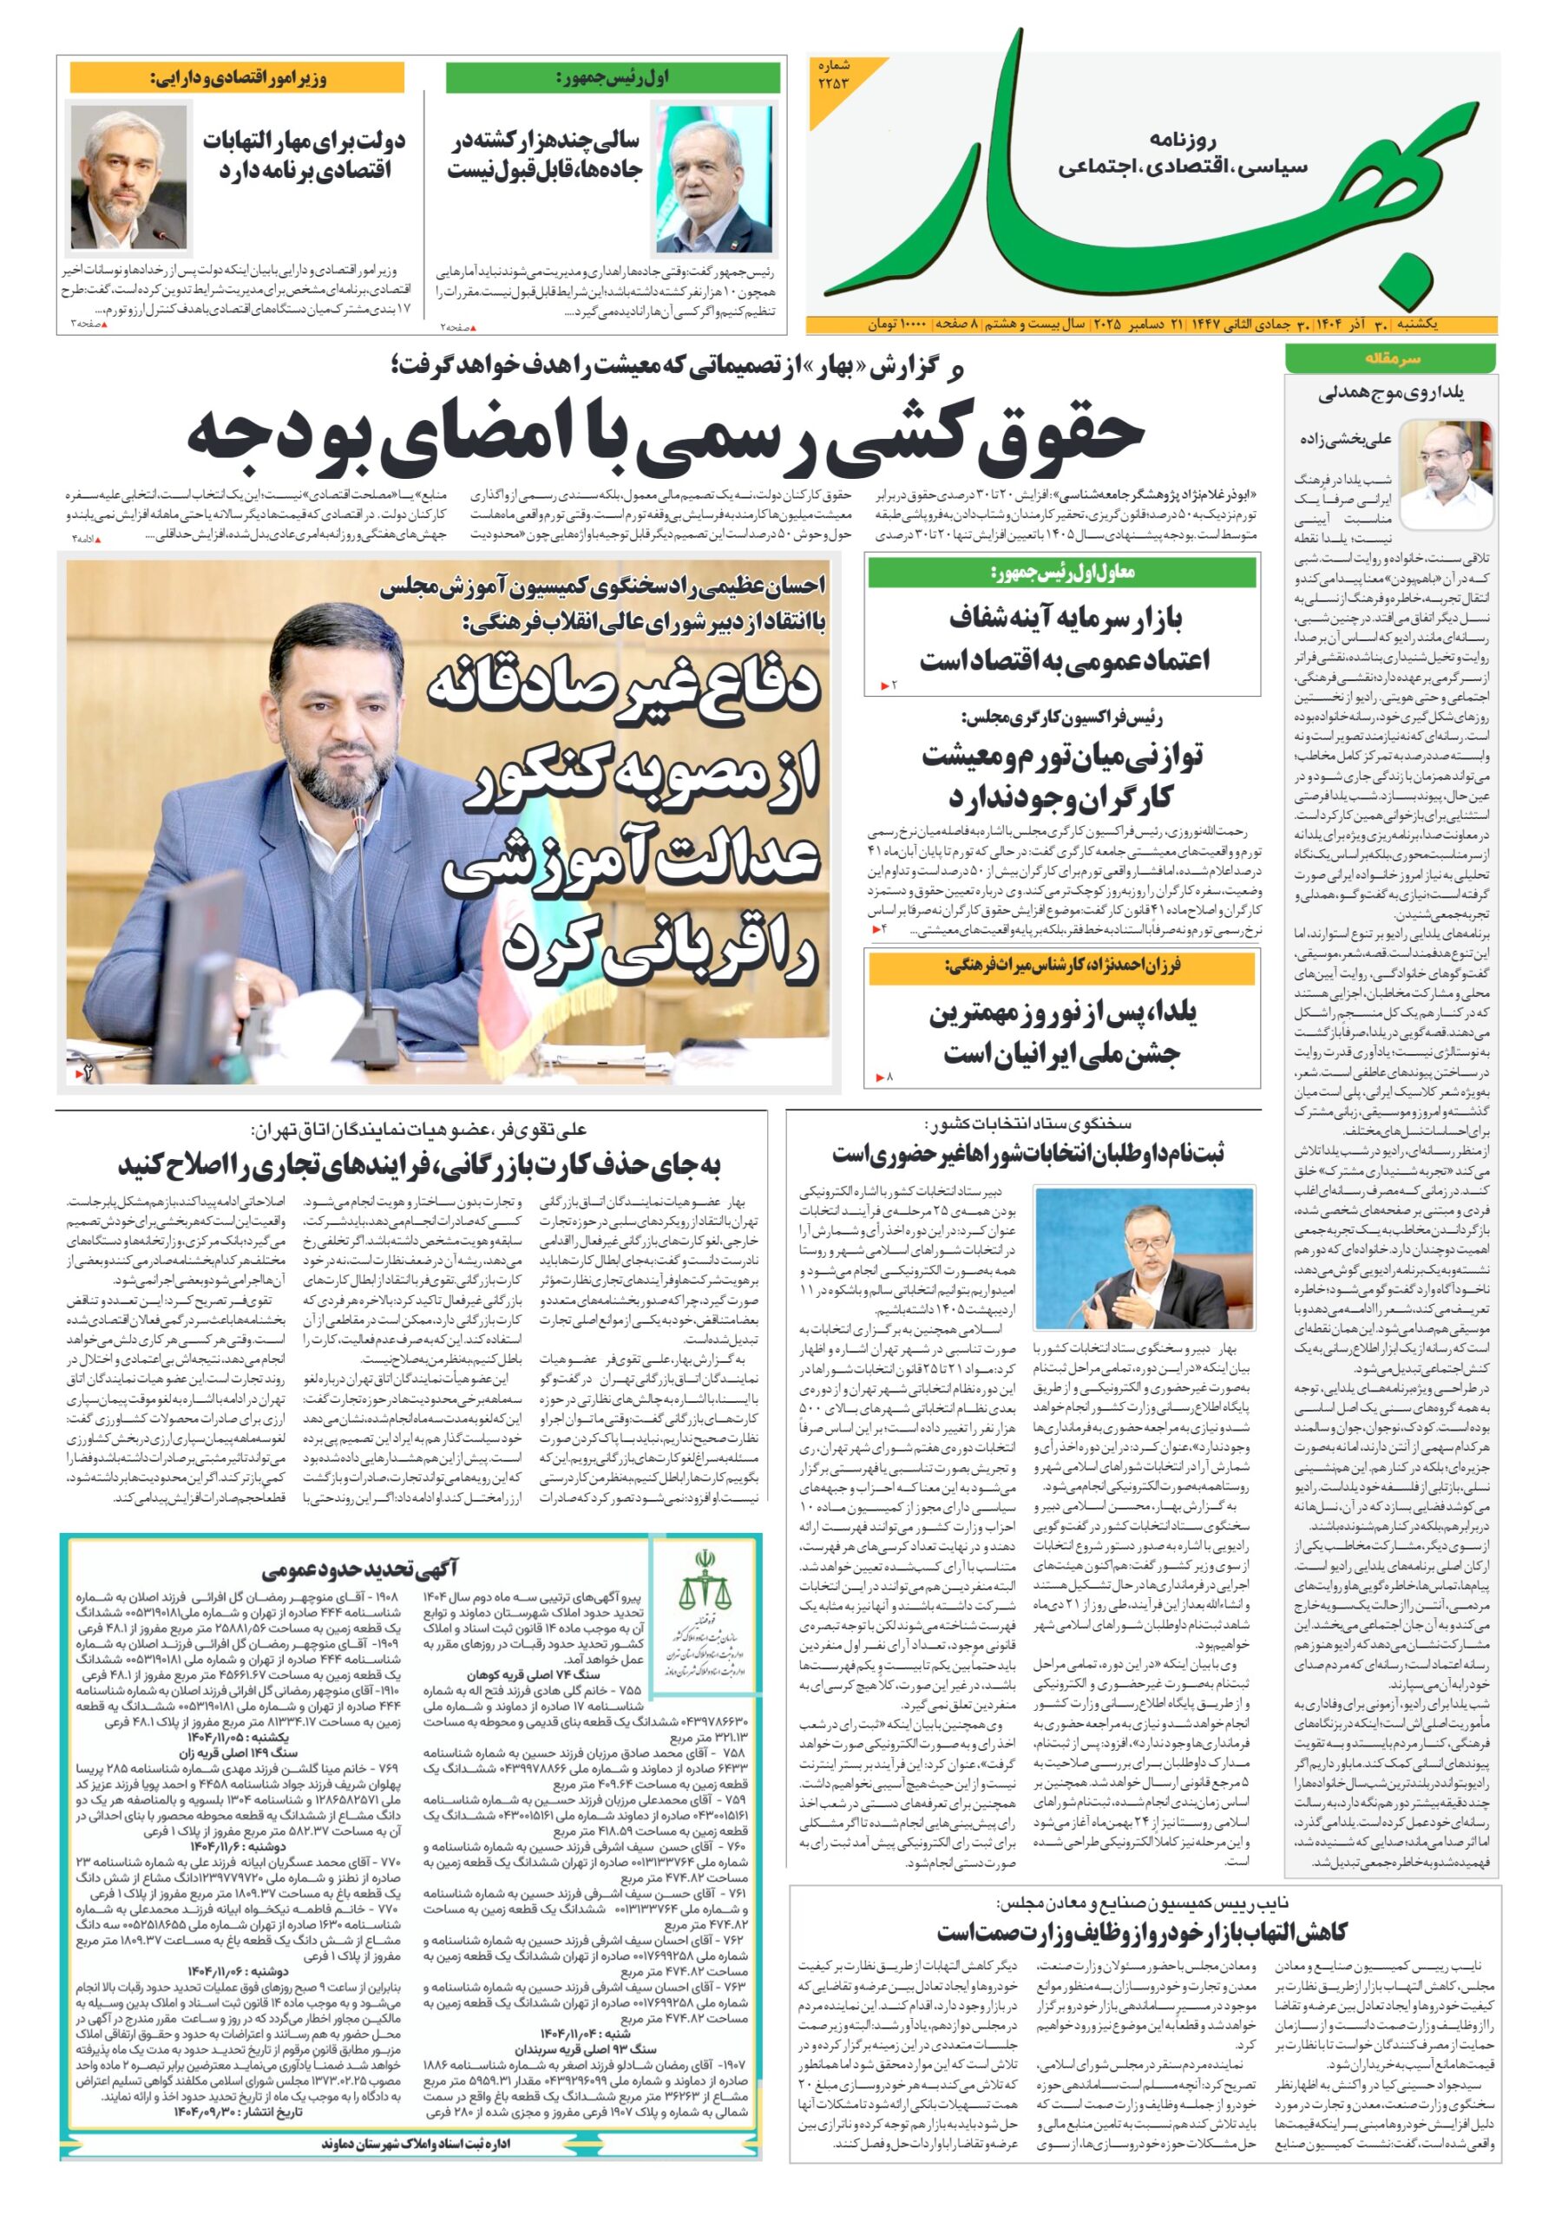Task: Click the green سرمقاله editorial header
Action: click(1388, 357)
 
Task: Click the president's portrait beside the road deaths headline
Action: click(715, 179)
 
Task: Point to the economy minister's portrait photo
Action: click(128, 178)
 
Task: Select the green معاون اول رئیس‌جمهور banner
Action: click(1061, 573)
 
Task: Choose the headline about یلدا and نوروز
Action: click(1061, 1033)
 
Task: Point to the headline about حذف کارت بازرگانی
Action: click(420, 1163)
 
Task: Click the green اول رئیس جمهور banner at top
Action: click(613, 76)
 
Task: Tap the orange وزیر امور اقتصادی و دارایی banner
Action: click(236, 76)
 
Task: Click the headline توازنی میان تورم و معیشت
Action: click(1061, 776)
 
